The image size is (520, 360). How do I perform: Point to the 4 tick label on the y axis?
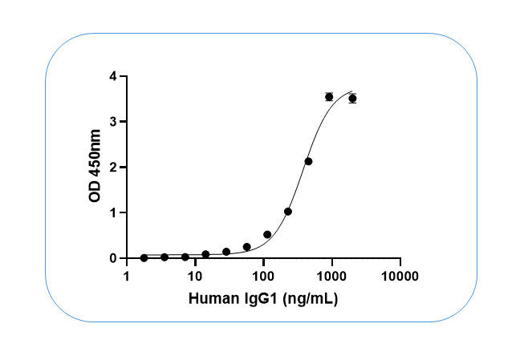point(114,76)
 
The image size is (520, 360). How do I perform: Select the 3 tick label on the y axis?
point(114,122)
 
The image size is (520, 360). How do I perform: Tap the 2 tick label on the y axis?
point(114,167)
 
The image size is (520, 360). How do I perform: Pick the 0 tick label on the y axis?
point(114,258)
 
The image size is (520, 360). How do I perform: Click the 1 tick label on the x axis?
point(127,277)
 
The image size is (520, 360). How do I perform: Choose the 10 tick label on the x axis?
point(195,277)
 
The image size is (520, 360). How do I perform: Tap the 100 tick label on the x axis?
point(263,277)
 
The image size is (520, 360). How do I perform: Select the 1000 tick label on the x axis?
point(331,277)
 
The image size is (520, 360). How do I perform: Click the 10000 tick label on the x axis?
point(400,277)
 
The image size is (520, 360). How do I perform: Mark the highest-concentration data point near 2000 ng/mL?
point(352,99)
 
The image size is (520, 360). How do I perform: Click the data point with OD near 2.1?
point(308,161)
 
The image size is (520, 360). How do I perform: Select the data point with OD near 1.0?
point(288,212)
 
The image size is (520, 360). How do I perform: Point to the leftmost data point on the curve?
point(144,257)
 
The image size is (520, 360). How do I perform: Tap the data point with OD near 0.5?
point(267,235)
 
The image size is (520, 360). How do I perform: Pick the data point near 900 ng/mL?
point(329,97)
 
